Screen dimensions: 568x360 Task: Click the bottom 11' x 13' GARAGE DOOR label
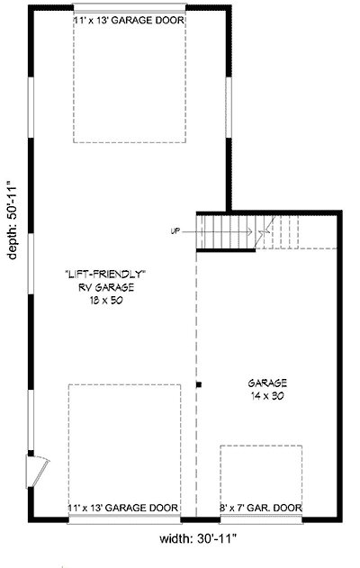point(123,509)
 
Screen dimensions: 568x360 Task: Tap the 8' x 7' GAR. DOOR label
point(261,509)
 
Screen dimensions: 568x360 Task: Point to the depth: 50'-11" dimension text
point(12,219)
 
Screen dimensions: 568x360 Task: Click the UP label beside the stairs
point(175,231)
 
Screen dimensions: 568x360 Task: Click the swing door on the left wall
point(40,469)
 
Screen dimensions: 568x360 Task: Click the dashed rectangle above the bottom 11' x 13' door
point(123,441)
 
